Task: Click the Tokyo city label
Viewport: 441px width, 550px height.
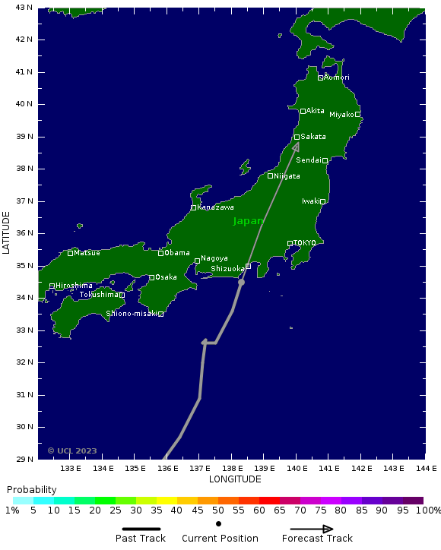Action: click(x=304, y=243)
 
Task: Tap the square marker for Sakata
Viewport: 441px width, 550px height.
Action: click(x=297, y=137)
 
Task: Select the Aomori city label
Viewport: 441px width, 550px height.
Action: click(x=336, y=77)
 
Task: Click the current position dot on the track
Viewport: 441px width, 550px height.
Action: click(x=241, y=282)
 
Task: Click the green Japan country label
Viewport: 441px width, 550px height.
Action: click(x=248, y=221)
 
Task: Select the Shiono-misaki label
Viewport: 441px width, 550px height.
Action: click(x=132, y=313)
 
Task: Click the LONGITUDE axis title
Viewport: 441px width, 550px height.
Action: click(x=235, y=479)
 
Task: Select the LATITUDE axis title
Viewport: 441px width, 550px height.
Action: click(x=7, y=233)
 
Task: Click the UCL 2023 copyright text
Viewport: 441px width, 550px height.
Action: click(x=72, y=450)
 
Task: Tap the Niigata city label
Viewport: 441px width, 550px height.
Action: click(x=287, y=176)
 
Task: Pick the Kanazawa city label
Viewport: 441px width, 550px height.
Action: click(x=215, y=207)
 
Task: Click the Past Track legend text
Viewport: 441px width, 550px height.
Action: click(x=141, y=539)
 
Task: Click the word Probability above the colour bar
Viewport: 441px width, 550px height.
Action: click(x=31, y=490)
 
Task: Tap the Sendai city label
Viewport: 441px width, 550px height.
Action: click(x=309, y=160)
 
